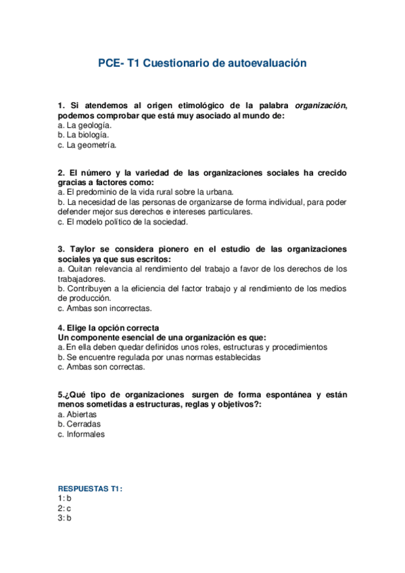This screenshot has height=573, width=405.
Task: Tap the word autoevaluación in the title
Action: tap(264, 63)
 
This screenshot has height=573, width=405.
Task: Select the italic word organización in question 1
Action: tap(320, 105)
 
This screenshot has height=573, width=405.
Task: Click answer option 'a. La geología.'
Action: tap(85, 125)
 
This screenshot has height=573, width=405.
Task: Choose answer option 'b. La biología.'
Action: tap(83, 134)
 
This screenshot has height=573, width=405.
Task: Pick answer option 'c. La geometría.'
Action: tap(87, 145)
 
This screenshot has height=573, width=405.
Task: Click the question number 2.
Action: tap(61, 172)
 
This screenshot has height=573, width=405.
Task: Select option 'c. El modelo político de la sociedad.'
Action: tap(122, 222)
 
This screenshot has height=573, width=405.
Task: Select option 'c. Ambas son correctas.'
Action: tap(101, 367)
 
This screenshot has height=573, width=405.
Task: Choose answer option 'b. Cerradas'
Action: tap(79, 424)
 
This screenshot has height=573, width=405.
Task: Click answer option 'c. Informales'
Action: tap(81, 434)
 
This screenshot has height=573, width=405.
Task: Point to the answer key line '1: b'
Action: tap(65, 498)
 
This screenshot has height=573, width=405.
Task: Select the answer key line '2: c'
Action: tap(65, 508)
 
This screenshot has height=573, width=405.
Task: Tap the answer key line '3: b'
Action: tap(65, 518)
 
